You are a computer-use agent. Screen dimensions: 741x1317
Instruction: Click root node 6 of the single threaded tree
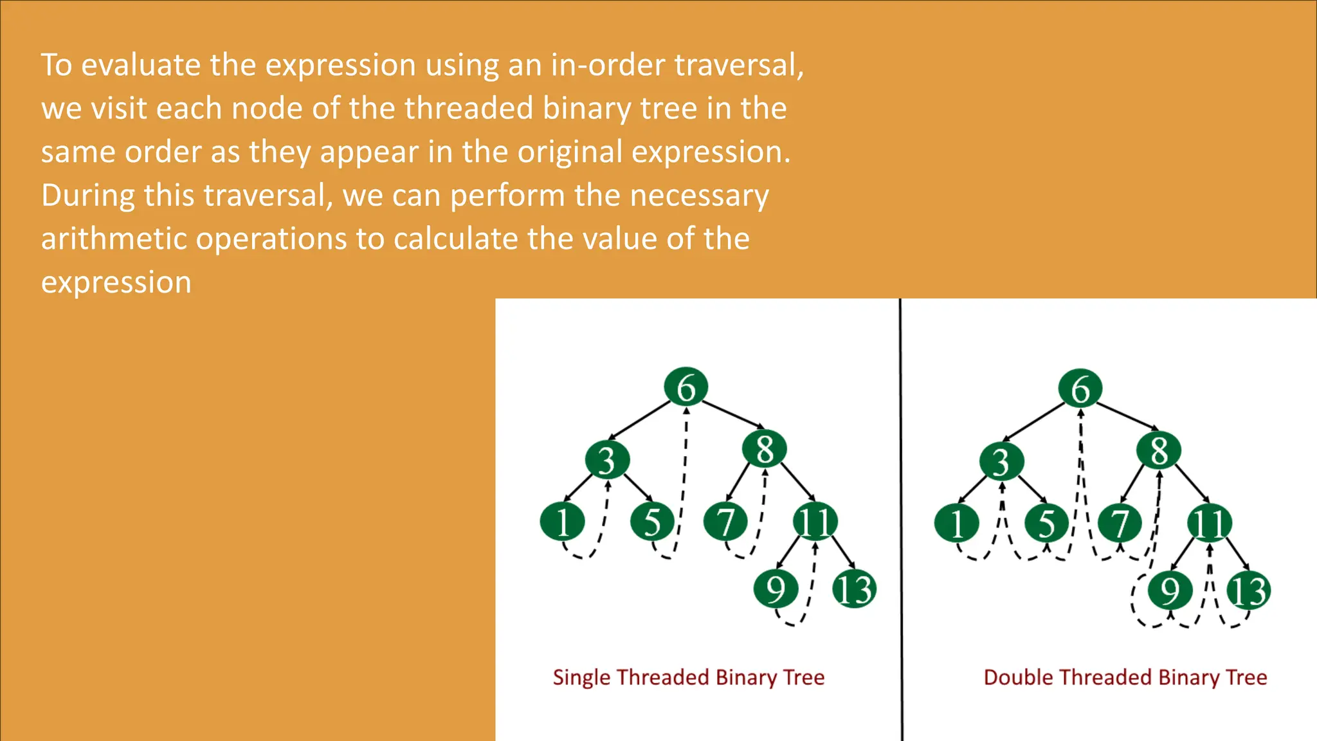click(686, 387)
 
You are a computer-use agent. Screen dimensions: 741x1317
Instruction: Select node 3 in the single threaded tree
click(606, 460)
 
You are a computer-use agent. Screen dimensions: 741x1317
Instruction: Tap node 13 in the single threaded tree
click(854, 589)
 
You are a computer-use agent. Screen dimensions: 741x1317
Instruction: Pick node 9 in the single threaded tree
click(776, 589)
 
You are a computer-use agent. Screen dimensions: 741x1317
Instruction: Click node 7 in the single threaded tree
click(725, 521)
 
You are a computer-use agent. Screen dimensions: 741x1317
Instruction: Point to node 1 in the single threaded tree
click(562, 521)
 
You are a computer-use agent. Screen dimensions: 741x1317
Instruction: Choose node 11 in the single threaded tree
click(815, 521)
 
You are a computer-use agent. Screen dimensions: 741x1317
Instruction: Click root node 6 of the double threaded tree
click(1080, 389)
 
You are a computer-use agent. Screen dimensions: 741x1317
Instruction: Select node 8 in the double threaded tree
click(1159, 450)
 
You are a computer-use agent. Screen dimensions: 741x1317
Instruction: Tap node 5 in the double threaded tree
click(1046, 523)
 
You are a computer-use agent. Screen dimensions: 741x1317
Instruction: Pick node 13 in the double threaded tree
click(1248, 590)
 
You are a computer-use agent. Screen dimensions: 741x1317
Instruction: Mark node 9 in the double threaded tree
click(1170, 590)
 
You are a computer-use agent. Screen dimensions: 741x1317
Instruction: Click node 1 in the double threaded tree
click(957, 523)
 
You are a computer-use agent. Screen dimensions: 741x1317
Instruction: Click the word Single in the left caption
click(581, 677)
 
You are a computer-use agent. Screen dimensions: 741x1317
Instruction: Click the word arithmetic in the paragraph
click(113, 239)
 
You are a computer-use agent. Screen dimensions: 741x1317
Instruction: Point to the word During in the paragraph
click(87, 196)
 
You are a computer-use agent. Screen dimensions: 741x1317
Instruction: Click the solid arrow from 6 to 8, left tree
click(732, 414)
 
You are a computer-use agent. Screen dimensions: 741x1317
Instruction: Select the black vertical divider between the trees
click(901, 515)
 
